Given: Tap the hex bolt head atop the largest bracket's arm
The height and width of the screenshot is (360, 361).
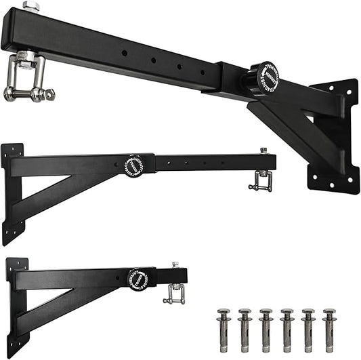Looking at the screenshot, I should [x=30, y=6].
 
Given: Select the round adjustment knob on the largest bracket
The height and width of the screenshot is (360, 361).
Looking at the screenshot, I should [x=263, y=77].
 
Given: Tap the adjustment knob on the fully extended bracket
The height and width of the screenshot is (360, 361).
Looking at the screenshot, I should [x=134, y=165].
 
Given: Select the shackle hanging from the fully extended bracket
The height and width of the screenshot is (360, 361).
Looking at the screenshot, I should [x=260, y=181].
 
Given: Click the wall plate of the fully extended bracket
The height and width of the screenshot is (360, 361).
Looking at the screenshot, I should [x=12, y=193].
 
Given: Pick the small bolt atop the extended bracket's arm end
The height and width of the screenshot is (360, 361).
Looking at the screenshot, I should [x=263, y=151].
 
